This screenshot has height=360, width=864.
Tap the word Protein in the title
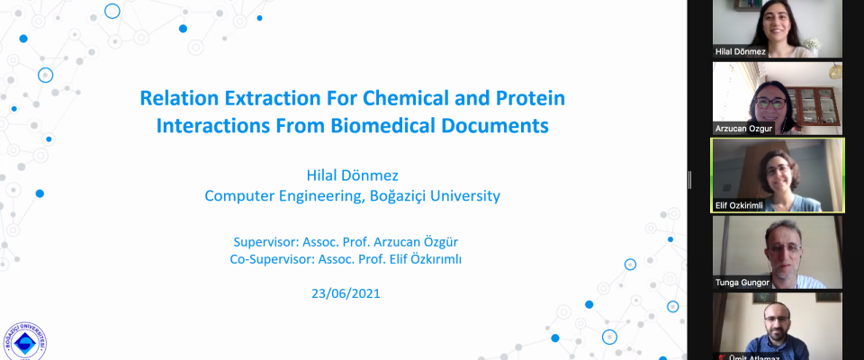click(x=531, y=98)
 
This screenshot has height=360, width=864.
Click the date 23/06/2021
click(x=346, y=293)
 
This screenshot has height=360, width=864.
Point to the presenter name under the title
click(x=352, y=175)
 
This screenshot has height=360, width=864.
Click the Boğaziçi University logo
click(x=25, y=342)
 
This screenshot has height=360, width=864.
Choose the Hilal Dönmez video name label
click(x=740, y=52)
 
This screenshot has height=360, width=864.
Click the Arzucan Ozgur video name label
click(x=743, y=129)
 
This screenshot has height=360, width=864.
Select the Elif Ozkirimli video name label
click(x=739, y=205)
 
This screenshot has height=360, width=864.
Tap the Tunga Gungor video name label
click(x=742, y=283)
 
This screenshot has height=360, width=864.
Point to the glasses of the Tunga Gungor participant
click(x=783, y=247)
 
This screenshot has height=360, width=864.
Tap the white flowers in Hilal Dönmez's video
click(x=812, y=44)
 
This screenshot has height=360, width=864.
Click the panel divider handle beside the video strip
click(x=690, y=180)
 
